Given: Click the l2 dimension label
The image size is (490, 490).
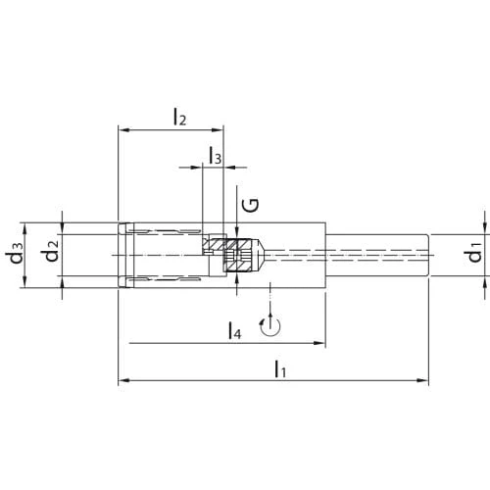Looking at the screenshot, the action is (179, 118).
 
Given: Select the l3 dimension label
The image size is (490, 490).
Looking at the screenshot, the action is (216, 156).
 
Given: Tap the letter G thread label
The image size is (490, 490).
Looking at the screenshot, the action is (251, 205).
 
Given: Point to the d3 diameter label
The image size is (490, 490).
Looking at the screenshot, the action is (17, 253).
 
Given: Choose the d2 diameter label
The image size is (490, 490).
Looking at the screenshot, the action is (52, 251).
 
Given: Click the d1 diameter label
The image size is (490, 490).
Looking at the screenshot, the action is (475, 252).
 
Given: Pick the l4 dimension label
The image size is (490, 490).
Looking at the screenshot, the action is (234, 330).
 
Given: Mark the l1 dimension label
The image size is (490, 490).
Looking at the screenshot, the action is (280, 368).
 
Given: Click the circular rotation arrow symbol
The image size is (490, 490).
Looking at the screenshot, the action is (270, 325).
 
